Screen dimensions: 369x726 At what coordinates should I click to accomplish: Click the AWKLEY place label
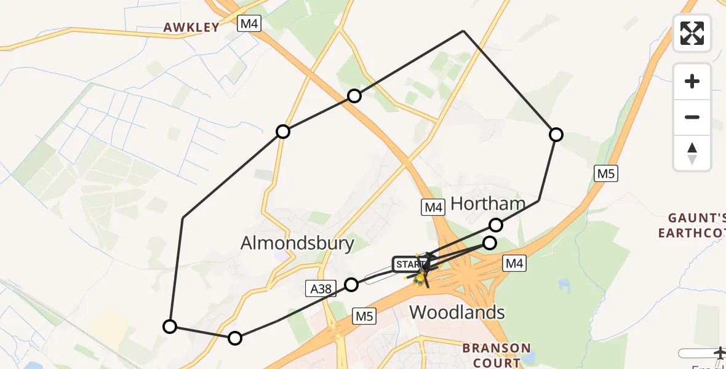click(191, 27)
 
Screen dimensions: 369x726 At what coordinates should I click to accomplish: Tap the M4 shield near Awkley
click(250, 24)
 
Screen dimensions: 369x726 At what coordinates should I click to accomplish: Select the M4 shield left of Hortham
click(433, 207)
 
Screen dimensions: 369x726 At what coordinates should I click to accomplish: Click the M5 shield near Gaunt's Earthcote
click(606, 173)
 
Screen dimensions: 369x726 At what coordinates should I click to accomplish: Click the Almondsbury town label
click(297, 244)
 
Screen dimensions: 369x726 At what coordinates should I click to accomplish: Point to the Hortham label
click(488, 204)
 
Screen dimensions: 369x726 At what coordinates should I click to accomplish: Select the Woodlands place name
click(457, 312)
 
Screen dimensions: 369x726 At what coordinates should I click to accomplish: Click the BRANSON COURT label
click(496, 355)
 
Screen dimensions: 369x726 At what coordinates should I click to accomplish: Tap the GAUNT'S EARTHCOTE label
click(692, 225)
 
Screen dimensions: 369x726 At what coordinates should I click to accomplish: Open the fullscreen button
click(692, 33)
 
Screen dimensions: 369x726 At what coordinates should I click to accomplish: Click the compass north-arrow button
click(692, 153)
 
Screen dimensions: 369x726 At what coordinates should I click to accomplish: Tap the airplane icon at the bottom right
click(719, 353)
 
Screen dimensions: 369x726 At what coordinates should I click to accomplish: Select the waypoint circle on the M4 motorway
click(354, 95)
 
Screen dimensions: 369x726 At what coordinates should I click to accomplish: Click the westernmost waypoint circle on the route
click(170, 327)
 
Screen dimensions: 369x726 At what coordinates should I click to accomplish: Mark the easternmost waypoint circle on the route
click(556, 135)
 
